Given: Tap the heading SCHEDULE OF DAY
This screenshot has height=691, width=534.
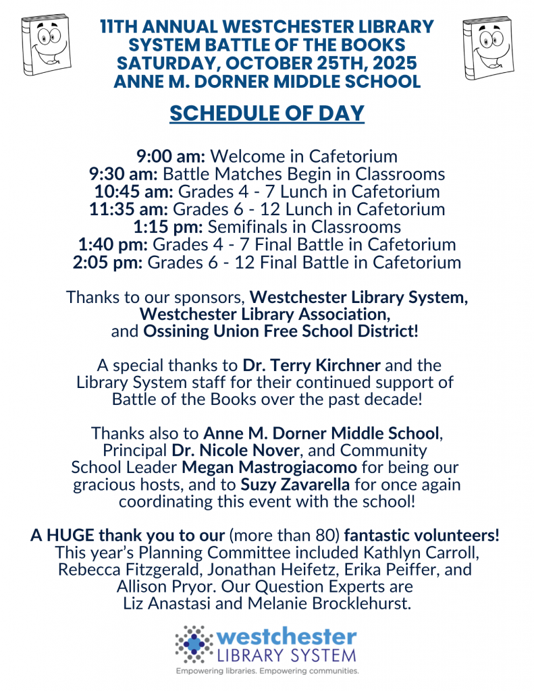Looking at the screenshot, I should (267, 113).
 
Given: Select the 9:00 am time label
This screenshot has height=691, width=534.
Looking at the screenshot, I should (162, 157).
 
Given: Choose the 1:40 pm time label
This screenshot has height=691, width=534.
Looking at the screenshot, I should (109, 244).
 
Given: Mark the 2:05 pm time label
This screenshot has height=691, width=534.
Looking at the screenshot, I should (107, 262).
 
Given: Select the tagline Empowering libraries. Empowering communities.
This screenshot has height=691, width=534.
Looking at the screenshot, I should (267, 671).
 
